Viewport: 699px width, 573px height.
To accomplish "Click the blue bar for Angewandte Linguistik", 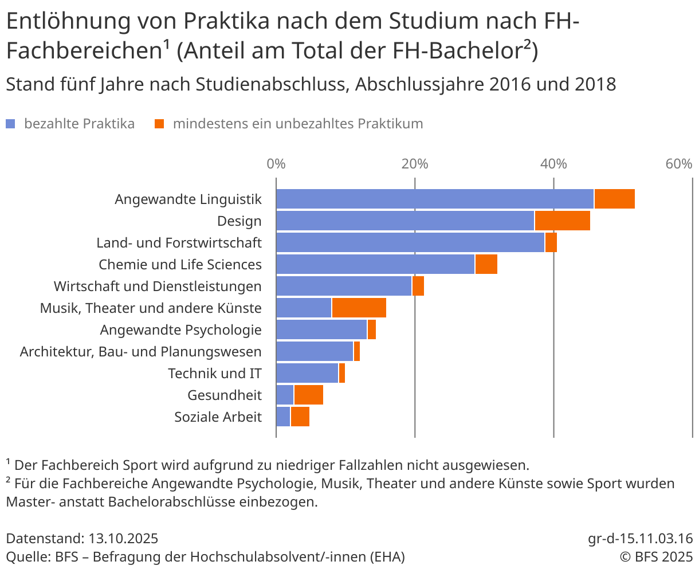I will [435, 199].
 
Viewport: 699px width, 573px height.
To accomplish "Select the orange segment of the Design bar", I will [562, 221].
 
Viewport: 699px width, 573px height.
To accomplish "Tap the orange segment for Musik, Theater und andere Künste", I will [359, 308].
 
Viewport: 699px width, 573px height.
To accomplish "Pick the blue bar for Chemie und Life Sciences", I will [375, 264].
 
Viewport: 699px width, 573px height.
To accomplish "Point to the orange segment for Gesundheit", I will [308, 395].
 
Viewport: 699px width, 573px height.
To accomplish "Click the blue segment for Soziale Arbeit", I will [284, 417].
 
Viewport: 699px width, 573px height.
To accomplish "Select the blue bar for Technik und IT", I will [307, 373].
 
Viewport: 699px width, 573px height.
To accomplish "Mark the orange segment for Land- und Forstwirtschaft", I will [551, 242].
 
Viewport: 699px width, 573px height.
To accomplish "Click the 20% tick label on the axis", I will [415, 164].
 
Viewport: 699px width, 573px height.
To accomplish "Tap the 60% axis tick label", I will [679, 164].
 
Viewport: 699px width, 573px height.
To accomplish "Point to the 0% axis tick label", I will [276, 164].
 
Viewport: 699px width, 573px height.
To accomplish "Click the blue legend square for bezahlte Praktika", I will [10, 124].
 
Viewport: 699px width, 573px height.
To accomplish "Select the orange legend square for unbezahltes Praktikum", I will [160, 124].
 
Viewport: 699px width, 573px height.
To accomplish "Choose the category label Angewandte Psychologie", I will [180, 330].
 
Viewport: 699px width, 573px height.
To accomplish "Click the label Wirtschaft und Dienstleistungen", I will [158, 286].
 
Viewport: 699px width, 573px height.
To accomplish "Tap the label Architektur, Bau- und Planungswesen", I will [140, 352].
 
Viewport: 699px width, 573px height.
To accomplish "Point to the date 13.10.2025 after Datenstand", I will [123, 539].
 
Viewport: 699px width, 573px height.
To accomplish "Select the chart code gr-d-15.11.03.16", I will [640, 539].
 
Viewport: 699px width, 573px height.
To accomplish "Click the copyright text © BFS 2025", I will [655, 557].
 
